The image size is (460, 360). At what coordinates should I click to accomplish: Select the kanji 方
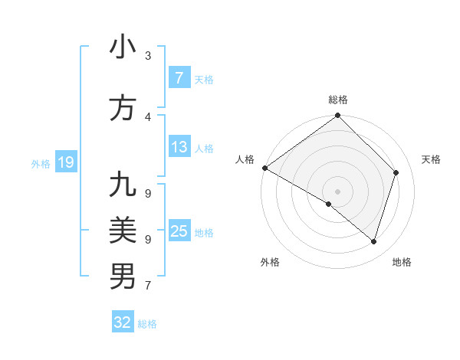pos(123,108)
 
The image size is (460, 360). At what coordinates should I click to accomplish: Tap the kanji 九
pos(123,185)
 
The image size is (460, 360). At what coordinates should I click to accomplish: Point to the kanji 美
pos(123,230)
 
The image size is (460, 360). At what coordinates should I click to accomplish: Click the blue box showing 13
pos(179,148)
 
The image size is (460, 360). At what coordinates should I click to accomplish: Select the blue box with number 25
pos(179,231)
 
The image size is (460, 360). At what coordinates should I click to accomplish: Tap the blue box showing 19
pos(65,162)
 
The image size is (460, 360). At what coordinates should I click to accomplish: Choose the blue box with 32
pos(123,323)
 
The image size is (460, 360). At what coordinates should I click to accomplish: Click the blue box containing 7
pos(179,78)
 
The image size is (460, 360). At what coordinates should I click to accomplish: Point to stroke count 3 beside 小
pos(148,55)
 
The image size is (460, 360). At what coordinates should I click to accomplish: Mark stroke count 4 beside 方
pos(148,116)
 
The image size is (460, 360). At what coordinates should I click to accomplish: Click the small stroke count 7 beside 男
pos(148,286)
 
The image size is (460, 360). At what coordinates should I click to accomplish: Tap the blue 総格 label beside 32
pos(147,324)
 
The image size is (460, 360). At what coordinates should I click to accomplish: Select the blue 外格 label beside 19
pos(41,163)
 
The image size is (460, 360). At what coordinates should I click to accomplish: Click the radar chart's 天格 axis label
pos(431,159)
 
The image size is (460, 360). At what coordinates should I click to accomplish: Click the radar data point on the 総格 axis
pos(337,116)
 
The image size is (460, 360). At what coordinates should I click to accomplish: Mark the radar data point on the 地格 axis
pos(374,241)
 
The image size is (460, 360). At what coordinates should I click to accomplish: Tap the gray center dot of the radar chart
pos(337,191)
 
